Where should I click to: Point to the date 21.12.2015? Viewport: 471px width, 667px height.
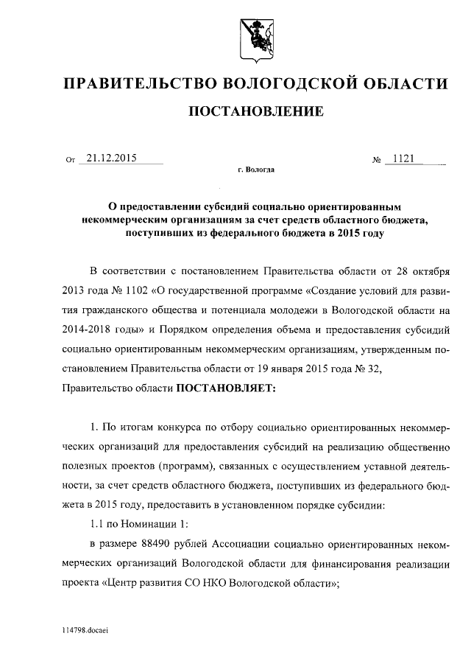pos(112,158)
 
